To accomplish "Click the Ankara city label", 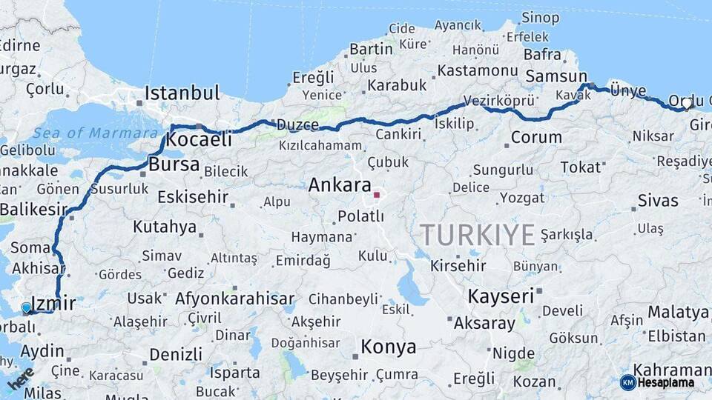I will tap(340, 184).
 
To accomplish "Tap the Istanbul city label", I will tap(182, 93).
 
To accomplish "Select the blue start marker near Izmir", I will tap(27, 307).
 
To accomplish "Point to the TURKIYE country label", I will tap(478, 235).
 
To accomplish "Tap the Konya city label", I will tap(388, 346).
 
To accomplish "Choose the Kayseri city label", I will tap(501, 296).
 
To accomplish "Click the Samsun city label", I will tap(556, 76).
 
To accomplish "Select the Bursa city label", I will tap(174, 164).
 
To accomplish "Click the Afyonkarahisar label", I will tap(235, 299).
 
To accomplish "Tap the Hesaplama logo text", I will tap(665, 382).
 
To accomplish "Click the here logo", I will tap(20, 378).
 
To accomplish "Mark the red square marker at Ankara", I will tap(377, 195).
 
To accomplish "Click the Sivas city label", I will tap(658, 201).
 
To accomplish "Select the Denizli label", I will tap(176, 355).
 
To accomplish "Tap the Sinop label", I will tap(540, 18).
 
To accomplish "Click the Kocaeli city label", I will tap(199, 139).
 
